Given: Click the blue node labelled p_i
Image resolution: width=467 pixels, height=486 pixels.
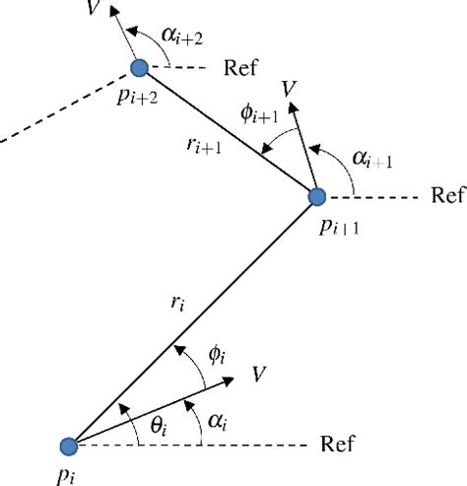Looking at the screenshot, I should tap(68, 447).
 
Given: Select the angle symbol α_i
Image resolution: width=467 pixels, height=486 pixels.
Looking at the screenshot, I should tap(218, 422).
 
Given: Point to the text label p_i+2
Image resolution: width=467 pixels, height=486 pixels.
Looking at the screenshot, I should tap(136, 98).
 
